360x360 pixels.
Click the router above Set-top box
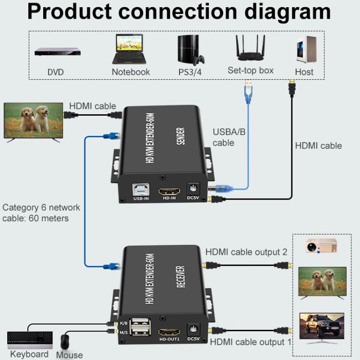coord(251,48)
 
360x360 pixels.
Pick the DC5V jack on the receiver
coord(193,329)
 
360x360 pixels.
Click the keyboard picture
coord(30,339)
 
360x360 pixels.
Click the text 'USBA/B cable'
coord(229,137)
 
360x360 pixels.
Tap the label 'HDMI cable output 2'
coord(246,252)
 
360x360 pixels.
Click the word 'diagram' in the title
coord(279,12)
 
